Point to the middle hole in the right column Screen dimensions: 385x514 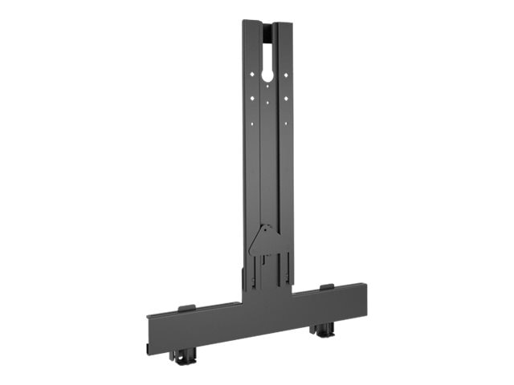tap(284, 99)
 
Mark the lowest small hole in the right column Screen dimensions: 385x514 tap(284, 124)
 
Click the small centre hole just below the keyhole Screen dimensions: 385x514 tap(267, 90)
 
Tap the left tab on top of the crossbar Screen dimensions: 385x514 tap(185, 307)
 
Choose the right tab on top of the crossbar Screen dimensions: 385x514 tap(326, 286)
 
